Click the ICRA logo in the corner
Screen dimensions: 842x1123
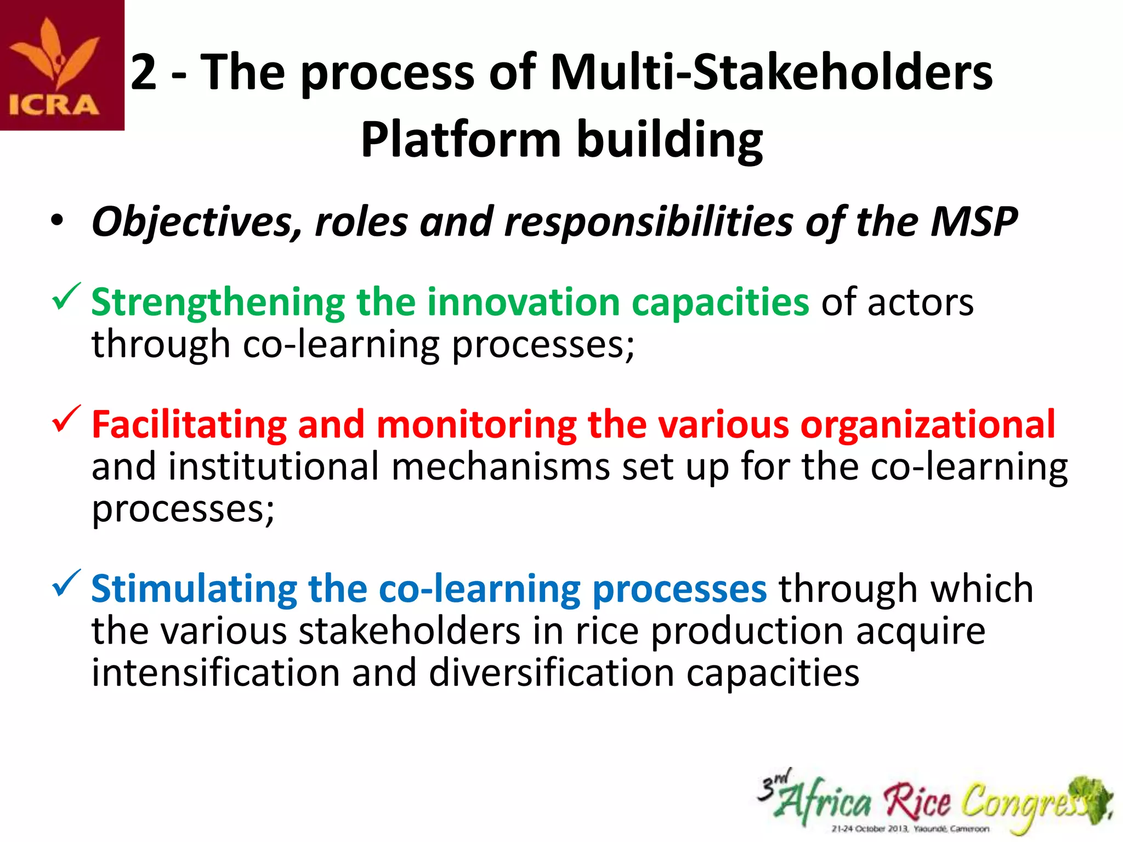(61, 65)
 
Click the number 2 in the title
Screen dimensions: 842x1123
(144, 72)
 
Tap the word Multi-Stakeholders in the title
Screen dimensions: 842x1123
(770, 72)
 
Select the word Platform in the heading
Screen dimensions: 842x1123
(460, 140)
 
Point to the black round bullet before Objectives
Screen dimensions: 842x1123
(57, 222)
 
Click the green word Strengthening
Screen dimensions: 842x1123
(218, 303)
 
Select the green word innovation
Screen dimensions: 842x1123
(523, 303)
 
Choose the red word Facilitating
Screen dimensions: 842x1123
(189, 425)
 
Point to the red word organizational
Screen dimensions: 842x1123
(927, 425)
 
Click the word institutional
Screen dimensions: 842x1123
(274, 466)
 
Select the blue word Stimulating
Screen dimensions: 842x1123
(194, 589)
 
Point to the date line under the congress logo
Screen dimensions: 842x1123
(910, 829)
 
